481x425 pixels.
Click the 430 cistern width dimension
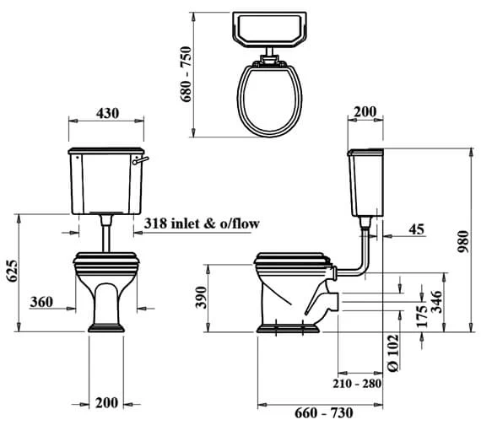pyautogui.click(x=107, y=114)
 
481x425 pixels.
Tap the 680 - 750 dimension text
pyautogui.click(x=186, y=74)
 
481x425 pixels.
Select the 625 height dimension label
pyautogui.click(x=13, y=271)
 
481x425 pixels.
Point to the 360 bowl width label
pyautogui.click(x=41, y=302)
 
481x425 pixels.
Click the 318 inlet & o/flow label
pyautogui.click(x=202, y=223)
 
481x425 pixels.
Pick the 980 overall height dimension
pyautogui.click(x=463, y=242)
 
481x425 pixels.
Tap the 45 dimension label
pyautogui.click(x=417, y=229)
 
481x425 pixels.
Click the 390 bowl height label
pyautogui.click(x=201, y=297)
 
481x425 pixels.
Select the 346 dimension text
pyautogui.click(x=437, y=302)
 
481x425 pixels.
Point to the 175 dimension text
pyautogui.click(x=423, y=316)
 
